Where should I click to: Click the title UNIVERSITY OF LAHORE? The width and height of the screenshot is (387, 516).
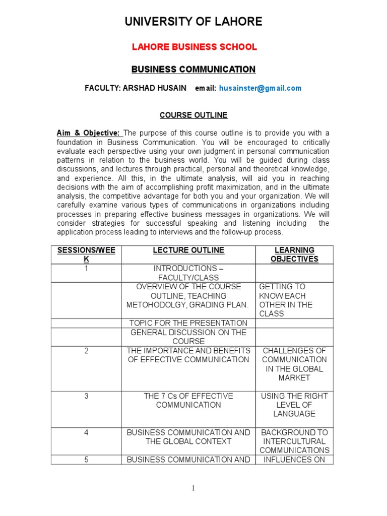point(193,22)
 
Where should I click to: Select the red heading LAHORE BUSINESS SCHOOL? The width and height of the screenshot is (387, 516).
point(194,47)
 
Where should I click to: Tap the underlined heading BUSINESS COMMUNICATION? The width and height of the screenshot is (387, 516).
point(193,70)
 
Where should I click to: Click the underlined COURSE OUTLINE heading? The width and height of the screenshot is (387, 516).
point(193,115)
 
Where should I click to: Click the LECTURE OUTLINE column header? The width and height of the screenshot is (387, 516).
point(188,250)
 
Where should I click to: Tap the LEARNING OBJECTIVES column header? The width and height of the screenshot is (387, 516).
point(294,254)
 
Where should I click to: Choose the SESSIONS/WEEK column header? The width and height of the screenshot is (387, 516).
point(86,254)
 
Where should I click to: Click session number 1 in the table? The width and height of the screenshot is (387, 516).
point(86,269)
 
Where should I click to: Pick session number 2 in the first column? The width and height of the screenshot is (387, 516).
point(86,351)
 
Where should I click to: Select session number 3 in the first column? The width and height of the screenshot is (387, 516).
point(86,396)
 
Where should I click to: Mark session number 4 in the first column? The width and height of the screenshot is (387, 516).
point(86,432)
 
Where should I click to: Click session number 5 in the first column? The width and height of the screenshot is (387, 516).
point(86,460)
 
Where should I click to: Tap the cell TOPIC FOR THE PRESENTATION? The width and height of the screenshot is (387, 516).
point(188,323)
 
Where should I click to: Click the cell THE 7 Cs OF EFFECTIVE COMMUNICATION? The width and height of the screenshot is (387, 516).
point(188,401)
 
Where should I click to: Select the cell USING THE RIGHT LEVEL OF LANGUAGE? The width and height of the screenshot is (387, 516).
point(294,405)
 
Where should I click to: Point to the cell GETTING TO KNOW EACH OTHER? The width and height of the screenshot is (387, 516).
point(286,300)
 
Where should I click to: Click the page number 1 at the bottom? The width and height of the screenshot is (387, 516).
point(193,488)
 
